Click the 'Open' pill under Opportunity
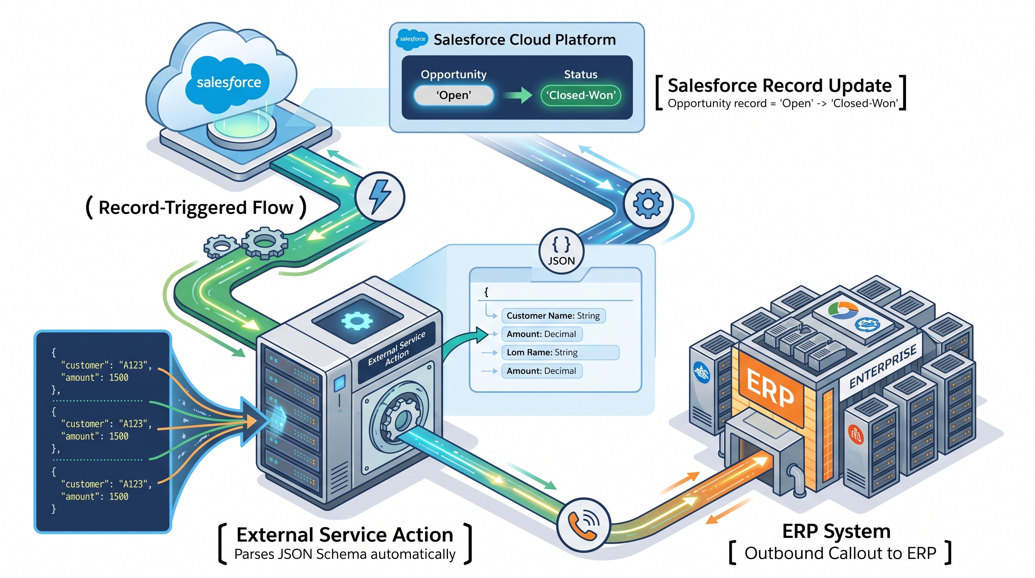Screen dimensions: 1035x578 (453, 95)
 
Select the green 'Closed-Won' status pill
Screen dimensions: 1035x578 (581, 95)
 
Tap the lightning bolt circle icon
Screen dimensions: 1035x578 (380, 197)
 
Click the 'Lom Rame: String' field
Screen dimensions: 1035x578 (560, 353)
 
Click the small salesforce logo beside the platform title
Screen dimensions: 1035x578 (412, 40)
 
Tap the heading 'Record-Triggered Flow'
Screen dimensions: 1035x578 (196, 207)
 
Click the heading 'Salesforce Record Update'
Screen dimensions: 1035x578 (780, 86)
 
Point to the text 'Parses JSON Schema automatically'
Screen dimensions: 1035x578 (345, 554)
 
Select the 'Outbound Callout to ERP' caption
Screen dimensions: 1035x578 (841, 554)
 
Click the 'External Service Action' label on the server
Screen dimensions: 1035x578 (396, 349)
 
